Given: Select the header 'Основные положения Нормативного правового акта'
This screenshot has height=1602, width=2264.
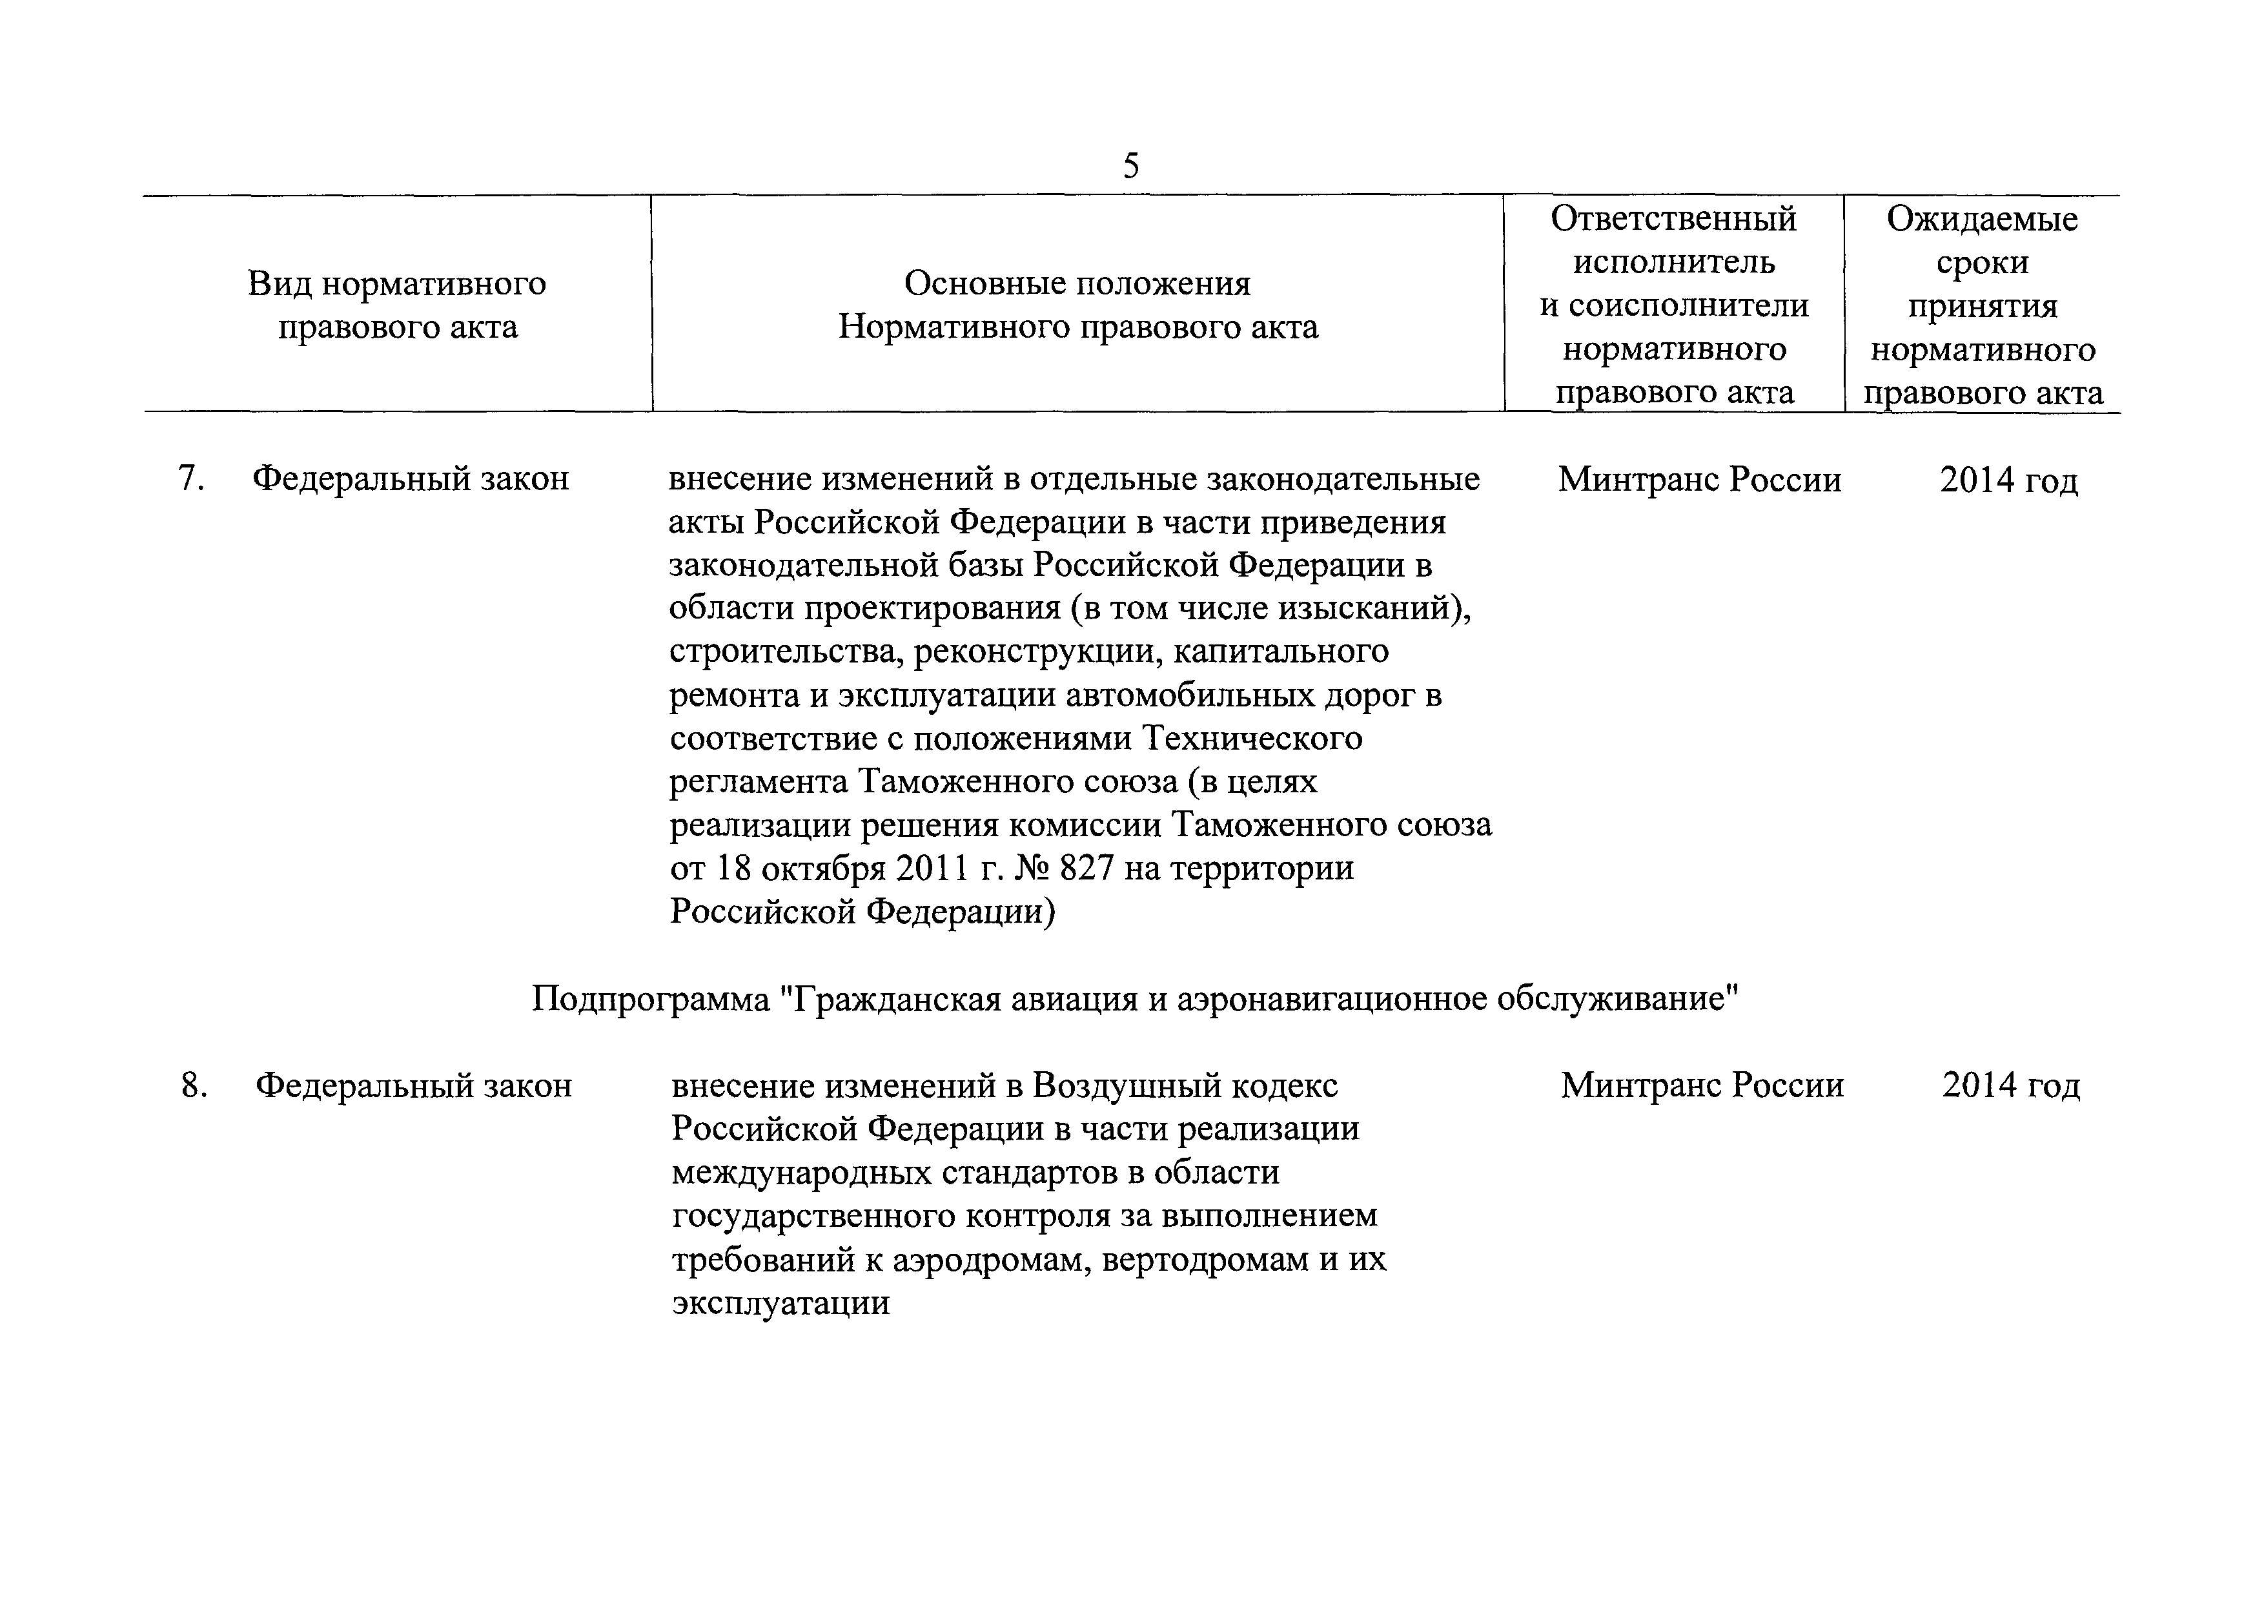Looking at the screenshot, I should click(1077, 305).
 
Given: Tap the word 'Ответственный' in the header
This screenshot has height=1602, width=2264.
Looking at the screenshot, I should click(1673, 219).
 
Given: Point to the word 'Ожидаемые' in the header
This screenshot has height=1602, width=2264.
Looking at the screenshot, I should click(1982, 219).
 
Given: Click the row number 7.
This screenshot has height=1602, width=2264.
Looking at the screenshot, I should click(190, 479).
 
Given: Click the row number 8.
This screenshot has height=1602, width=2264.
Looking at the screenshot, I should click(193, 1085).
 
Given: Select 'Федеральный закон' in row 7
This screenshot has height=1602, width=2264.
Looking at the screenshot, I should click(410, 479).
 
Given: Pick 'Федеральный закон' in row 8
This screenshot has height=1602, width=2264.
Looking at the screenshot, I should click(413, 1085).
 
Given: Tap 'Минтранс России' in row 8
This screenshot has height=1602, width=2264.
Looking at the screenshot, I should click(1702, 1085).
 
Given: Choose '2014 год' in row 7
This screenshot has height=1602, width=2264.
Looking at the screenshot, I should click(2008, 480).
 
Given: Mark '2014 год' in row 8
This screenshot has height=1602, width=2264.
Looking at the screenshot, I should click(2010, 1085).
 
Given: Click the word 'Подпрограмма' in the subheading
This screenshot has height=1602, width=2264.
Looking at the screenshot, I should click(651, 1000).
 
